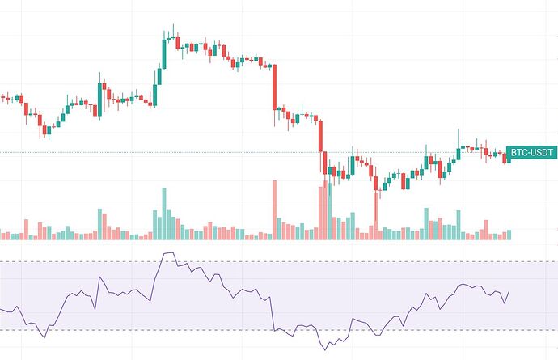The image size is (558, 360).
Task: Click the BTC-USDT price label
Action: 532,153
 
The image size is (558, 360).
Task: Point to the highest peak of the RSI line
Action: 167,253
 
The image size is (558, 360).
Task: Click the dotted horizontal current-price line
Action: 162,152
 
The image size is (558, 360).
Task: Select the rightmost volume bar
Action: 509,235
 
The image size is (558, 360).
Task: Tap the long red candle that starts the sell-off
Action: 275,89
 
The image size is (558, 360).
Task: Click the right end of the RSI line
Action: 509,292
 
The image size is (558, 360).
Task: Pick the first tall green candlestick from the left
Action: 99,97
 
